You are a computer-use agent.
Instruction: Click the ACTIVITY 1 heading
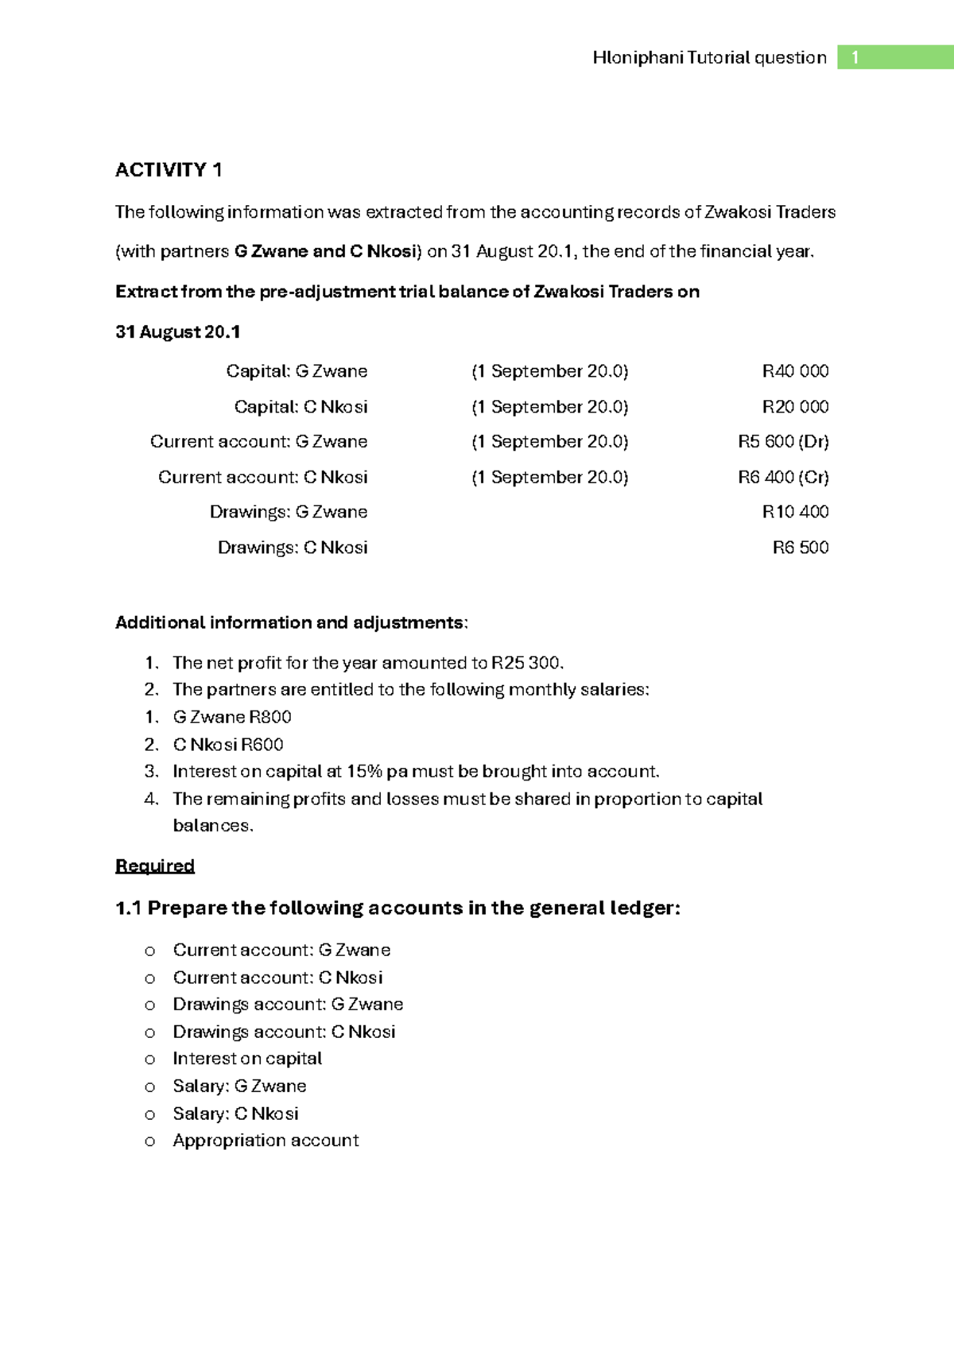pyautogui.click(x=169, y=170)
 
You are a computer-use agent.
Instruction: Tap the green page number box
pyautogui.click(x=894, y=57)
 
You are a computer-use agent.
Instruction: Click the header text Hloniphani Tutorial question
pyautogui.click(x=709, y=57)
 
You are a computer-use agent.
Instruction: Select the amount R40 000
pyautogui.click(x=795, y=371)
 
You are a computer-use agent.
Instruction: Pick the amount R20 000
pyautogui.click(x=795, y=407)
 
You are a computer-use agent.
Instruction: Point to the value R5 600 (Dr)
pyautogui.click(x=783, y=442)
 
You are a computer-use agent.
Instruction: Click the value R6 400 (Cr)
pyautogui.click(x=783, y=477)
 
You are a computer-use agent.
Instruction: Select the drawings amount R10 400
pyautogui.click(x=795, y=512)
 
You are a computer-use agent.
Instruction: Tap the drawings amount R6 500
pyautogui.click(x=801, y=548)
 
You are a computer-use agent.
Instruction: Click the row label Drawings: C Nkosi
pyautogui.click(x=293, y=548)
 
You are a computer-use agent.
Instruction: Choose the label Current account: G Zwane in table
pyautogui.click(x=258, y=442)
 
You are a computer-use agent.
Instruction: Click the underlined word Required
pyautogui.click(x=155, y=866)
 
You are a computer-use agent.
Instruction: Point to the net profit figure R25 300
pyautogui.click(x=526, y=663)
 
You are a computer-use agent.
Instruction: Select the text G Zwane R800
pyautogui.click(x=232, y=717)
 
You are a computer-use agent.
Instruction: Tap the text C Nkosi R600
pyautogui.click(x=228, y=745)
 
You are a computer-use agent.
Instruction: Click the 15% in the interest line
pyautogui.click(x=364, y=772)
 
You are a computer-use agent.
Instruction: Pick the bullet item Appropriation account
pyautogui.click(x=266, y=1141)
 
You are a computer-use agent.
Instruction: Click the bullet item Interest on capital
pyautogui.click(x=247, y=1059)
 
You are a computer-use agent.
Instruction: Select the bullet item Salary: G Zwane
pyautogui.click(x=239, y=1086)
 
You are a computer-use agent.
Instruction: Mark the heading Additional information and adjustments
pyautogui.click(x=291, y=622)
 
